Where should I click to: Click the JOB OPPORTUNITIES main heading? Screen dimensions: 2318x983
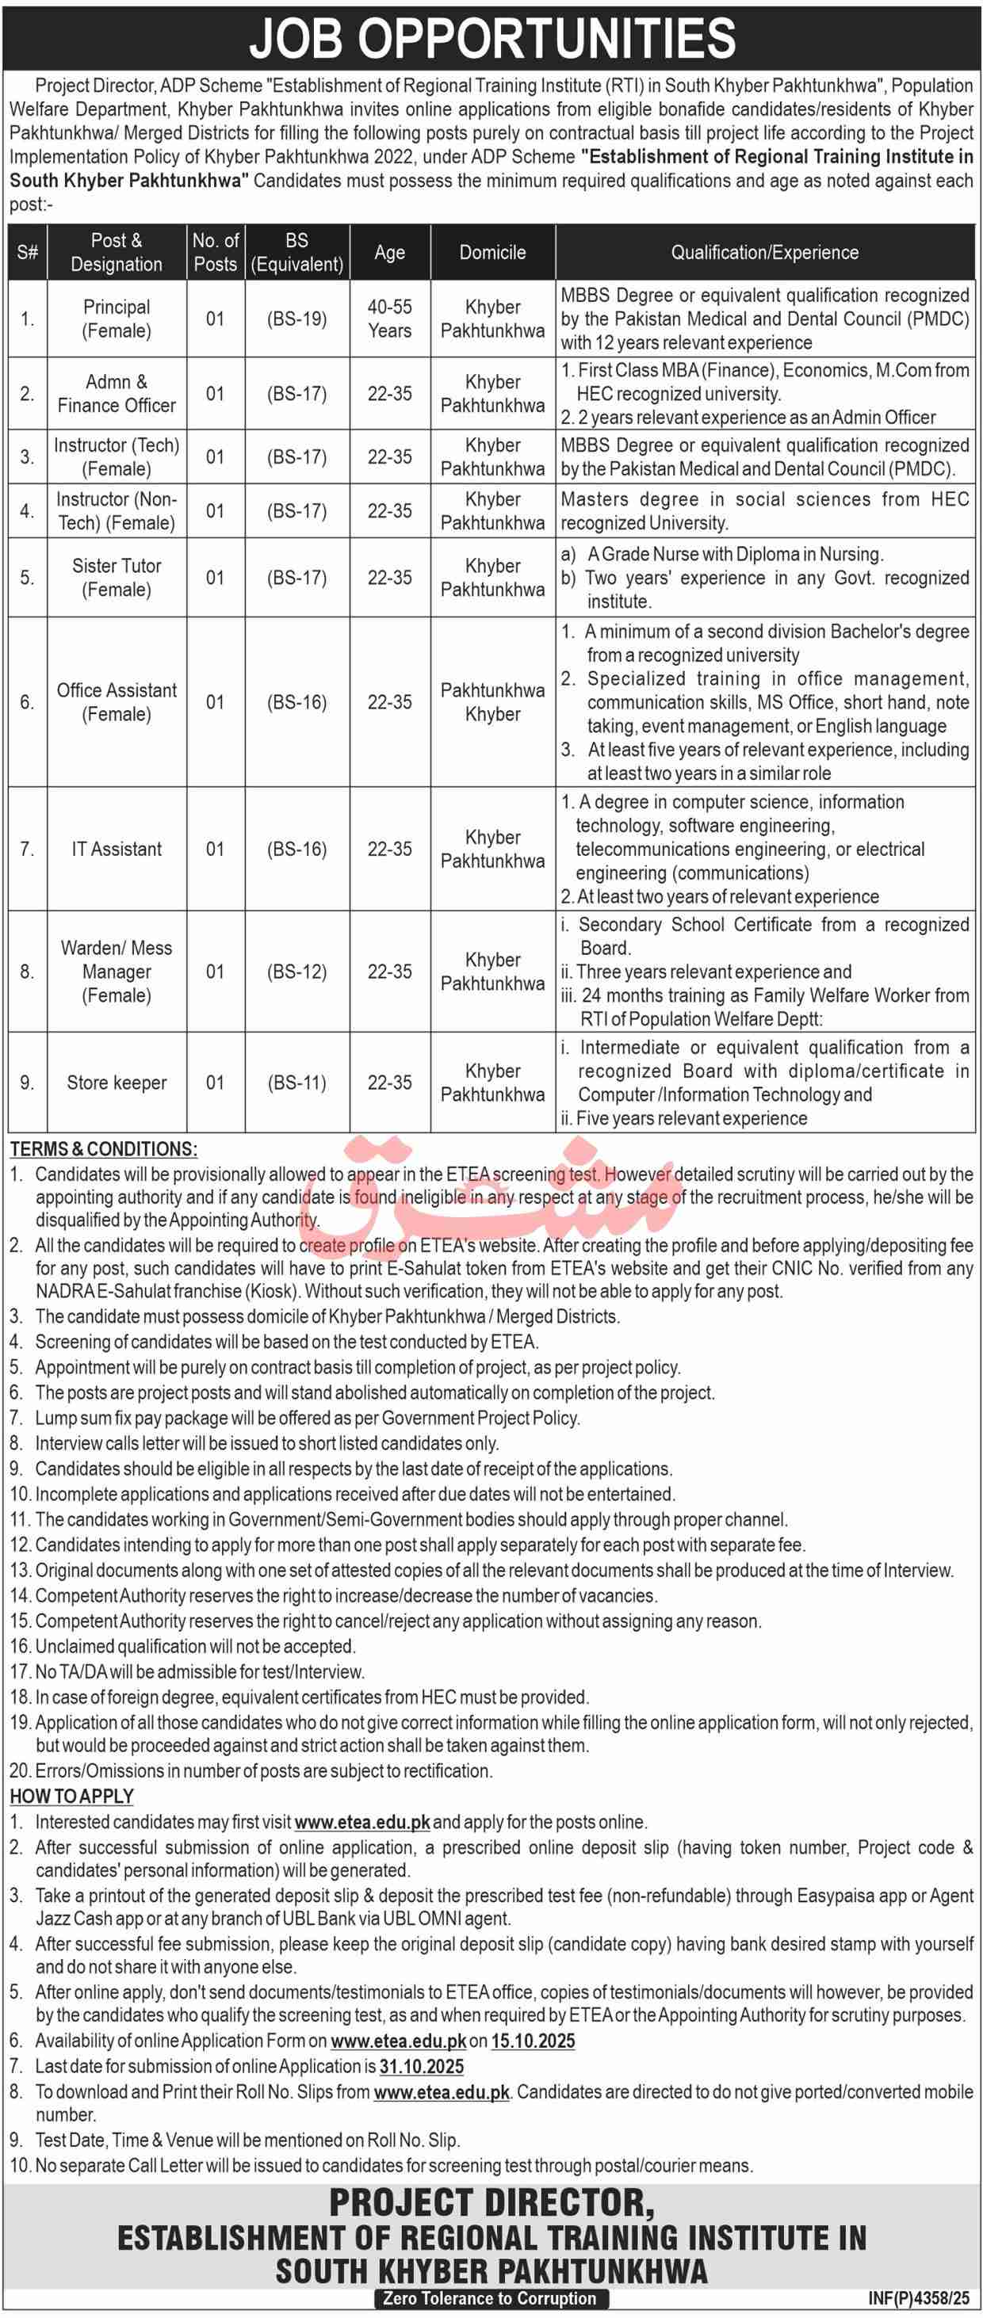click(x=491, y=38)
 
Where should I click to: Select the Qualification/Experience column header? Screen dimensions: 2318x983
click(x=764, y=253)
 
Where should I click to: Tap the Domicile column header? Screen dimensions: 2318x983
click(x=492, y=253)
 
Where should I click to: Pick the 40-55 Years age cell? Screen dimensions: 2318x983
click(x=389, y=319)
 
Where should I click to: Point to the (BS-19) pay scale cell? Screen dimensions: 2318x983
click(x=297, y=319)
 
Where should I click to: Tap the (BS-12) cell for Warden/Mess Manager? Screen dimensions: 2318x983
click(x=297, y=972)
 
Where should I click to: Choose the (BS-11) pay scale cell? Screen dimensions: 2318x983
click(x=297, y=1083)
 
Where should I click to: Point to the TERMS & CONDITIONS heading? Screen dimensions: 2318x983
click(x=104, y=1149)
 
